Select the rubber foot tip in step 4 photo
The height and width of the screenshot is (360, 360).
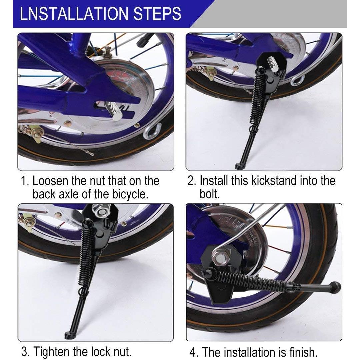pyautogui.click(x=335, y=287)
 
